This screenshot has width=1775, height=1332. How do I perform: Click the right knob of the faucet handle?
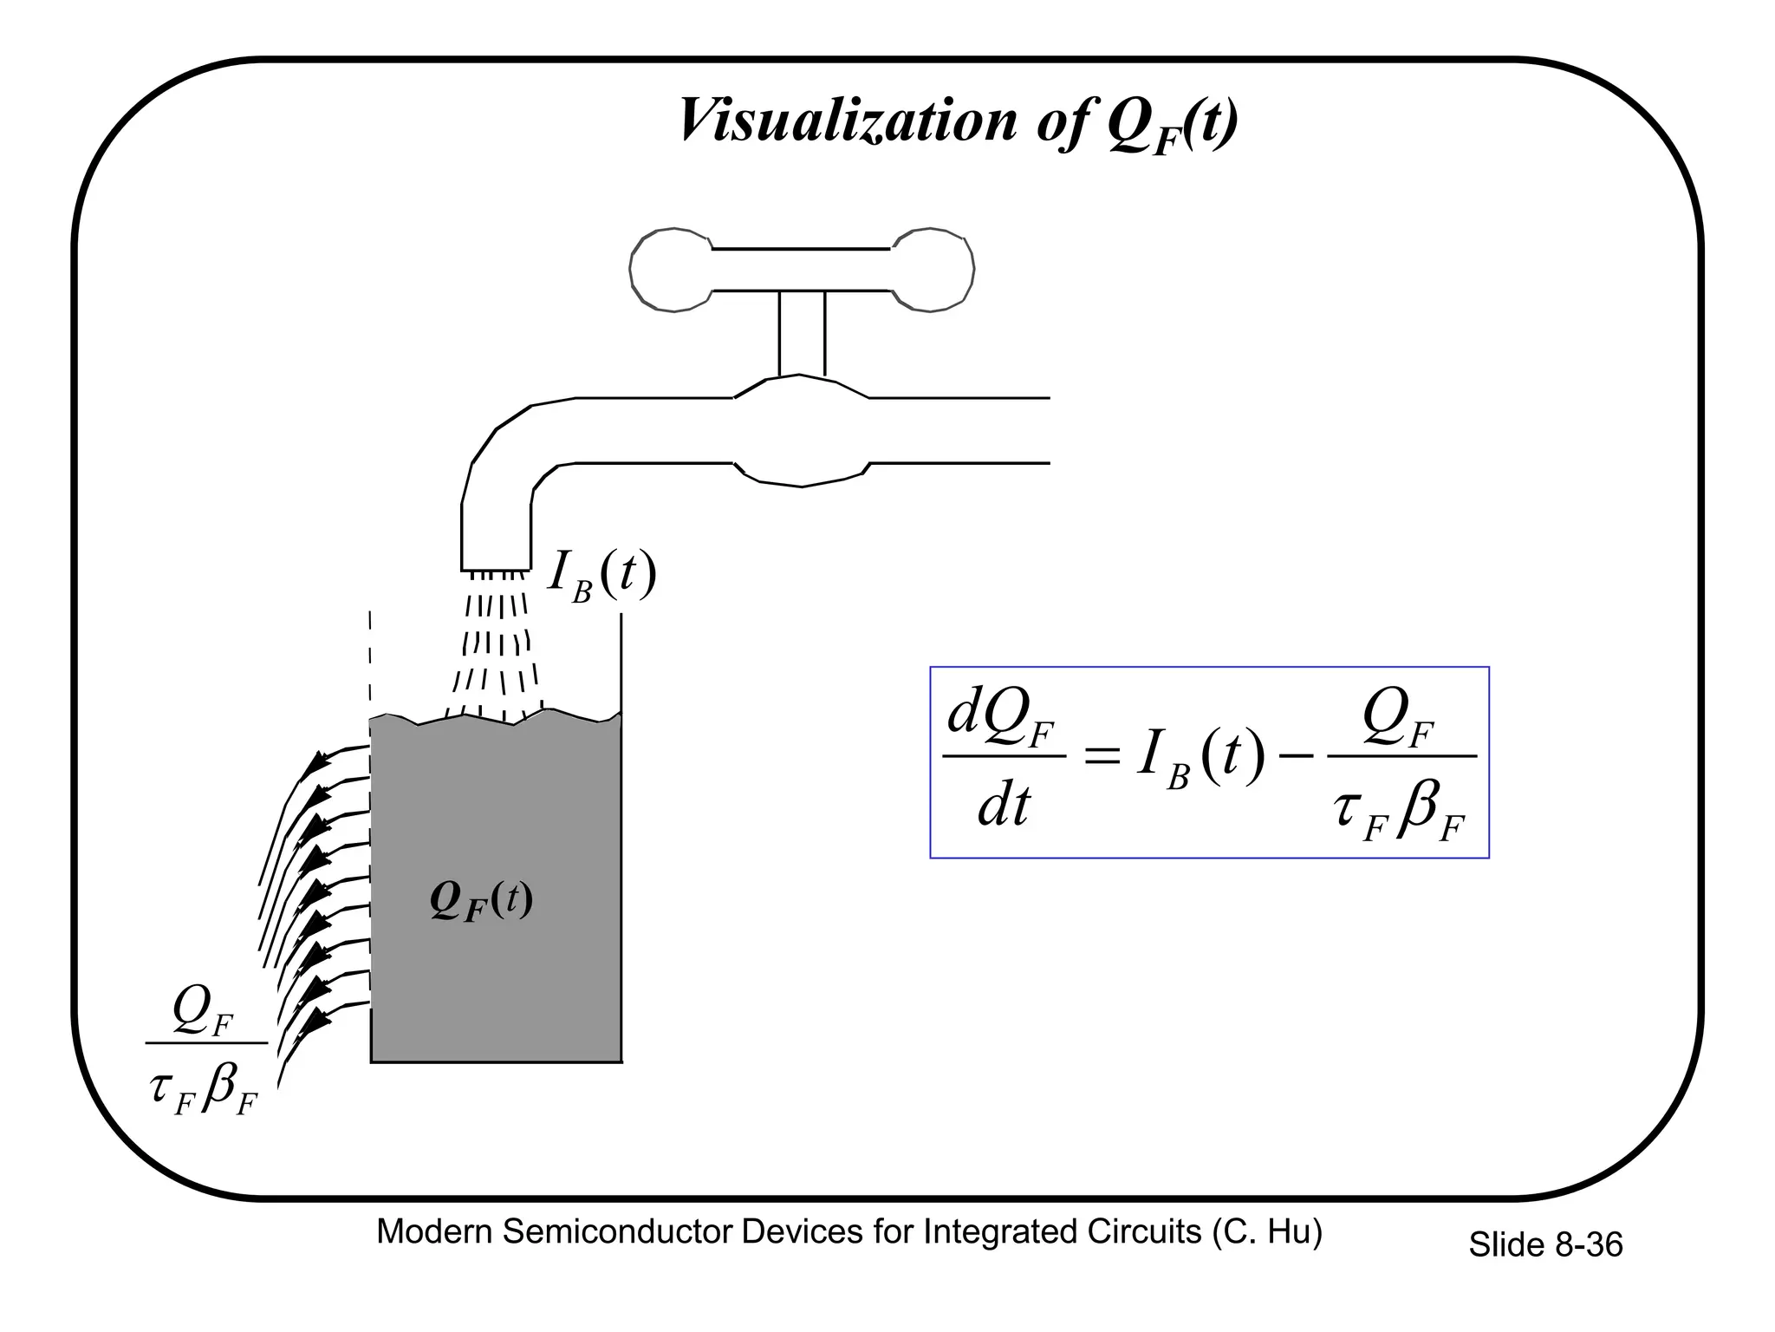(x=933, y=270)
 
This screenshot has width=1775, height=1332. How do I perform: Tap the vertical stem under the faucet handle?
(x=802, y=333)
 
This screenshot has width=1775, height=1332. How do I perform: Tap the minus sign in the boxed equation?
(x=1297, y=757)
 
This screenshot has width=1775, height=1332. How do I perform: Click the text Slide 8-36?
(x=1545, y=1245)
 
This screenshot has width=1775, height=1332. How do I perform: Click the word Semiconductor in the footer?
(x=617, y=1232)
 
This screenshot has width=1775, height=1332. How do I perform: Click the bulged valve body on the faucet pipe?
(x=802, y=431)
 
